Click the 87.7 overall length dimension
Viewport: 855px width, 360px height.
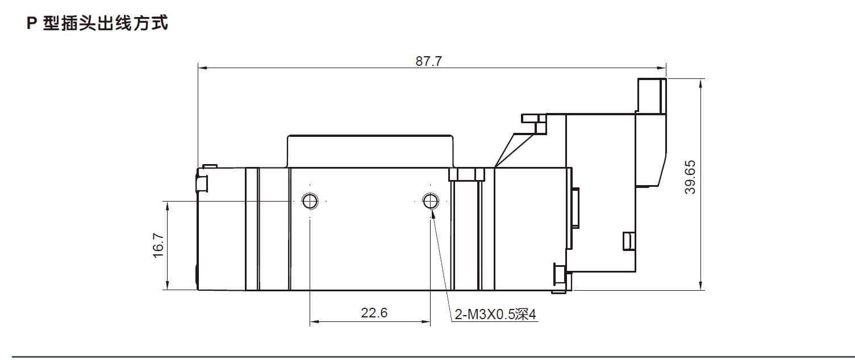tap(428, 61)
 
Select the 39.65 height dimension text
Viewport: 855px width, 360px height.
tap(690, 177)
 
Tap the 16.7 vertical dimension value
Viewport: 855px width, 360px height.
tap(158, 246)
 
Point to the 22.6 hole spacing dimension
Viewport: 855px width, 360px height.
tap(374, 313)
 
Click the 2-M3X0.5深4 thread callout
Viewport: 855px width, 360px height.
tap(495, 315)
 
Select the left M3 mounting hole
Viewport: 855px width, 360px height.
tap(310, 200)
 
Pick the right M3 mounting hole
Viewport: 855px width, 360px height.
tap(431, 200)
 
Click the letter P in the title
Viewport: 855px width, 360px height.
tap(32, 24)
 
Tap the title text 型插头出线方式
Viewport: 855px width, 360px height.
tap(106, 24)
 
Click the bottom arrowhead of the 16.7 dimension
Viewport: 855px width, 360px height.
tap(167, 286)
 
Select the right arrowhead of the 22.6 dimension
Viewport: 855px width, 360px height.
tap(427, 322)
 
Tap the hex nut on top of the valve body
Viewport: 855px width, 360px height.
tap(466, 174)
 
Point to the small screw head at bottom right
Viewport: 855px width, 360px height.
tap(560, 278)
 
